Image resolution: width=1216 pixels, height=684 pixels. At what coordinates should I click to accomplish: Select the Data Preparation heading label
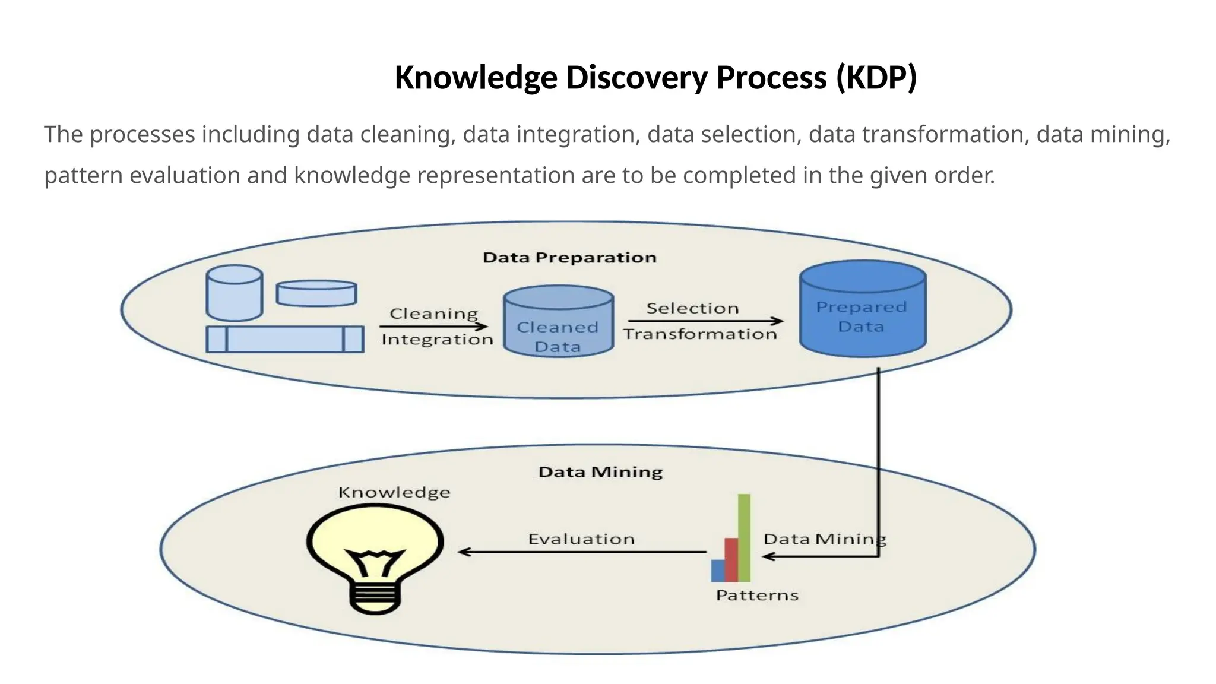tap(569, 258)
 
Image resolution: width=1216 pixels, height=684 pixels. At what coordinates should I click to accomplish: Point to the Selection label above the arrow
tap(692, 308)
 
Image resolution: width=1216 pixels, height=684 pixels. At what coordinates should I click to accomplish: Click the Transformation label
tap(700, 334)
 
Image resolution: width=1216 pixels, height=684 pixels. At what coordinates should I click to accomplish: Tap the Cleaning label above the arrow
tap(433, 313)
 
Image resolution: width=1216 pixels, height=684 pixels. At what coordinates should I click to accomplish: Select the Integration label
tap(437, 340)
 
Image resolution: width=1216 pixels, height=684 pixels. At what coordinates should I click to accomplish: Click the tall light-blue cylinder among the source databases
tap(235, 293)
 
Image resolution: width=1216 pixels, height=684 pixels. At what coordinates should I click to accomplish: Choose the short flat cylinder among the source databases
tap(316, 293)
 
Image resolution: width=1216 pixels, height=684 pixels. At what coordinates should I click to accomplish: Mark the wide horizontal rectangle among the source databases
tap(285, 340)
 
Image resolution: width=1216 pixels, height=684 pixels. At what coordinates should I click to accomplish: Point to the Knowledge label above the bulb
tap(394, 492)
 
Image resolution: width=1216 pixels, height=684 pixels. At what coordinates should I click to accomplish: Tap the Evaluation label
tap(581, 539)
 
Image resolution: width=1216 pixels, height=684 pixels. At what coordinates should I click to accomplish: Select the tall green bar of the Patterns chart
tap(744, 537)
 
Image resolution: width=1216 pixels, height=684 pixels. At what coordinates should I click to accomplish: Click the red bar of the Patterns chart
tap(731, 559)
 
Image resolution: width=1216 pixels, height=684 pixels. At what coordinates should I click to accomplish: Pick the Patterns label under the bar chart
tap(757, 596)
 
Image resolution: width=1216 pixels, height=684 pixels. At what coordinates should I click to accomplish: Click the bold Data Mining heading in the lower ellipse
tap(600, 472)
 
